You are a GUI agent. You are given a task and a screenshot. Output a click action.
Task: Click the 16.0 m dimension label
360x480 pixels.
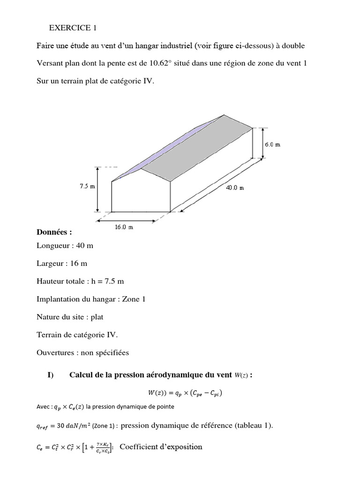click(124, 227)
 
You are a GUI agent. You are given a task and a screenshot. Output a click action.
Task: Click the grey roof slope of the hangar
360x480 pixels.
click(202, 148)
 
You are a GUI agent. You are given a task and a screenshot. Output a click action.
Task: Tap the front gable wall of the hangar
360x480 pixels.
click(141, 195)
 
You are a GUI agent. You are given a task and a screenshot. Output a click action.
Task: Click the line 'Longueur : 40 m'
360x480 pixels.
click(65, 246)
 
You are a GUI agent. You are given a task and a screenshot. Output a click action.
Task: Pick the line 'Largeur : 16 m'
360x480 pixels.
click(63, 263)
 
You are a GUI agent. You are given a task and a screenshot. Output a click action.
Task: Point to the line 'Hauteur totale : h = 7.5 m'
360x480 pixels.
click(80, 281)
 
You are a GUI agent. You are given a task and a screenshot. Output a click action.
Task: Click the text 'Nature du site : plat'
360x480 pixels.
click(70, 317)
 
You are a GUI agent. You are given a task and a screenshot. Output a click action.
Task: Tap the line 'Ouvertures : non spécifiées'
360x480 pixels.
click(82, 352)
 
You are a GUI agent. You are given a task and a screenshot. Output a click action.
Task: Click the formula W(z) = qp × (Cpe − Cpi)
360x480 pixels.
click(182, 393)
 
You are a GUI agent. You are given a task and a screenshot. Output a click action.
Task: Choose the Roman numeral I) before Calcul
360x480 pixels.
click(51, 375)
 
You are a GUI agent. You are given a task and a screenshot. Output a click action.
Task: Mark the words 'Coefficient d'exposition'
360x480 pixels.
click(161, 447)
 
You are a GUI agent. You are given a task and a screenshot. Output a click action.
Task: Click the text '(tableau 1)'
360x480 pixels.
click(255, 426)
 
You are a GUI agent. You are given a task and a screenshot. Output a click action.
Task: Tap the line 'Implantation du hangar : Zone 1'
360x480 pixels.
click(91, 299)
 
